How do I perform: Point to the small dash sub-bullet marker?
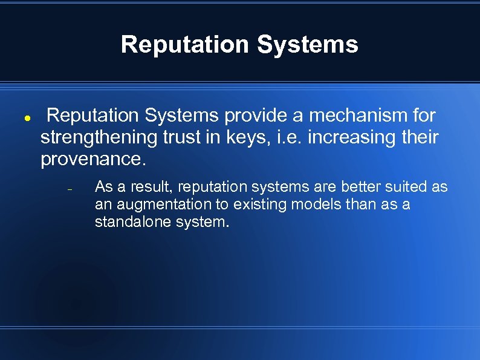click(70, 190)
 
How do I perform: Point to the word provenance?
click(93, 160)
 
